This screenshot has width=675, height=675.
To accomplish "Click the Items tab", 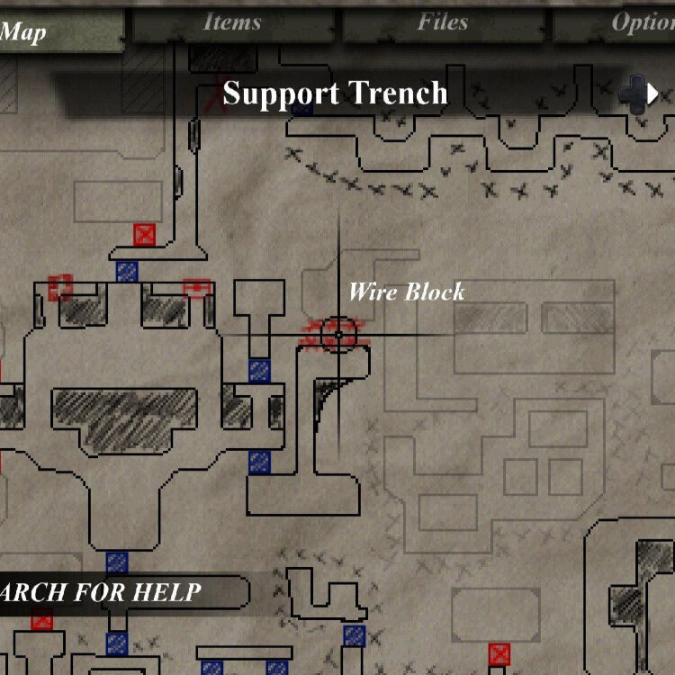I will click(x=231, y=22).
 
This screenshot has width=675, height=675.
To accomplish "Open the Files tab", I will click(x=442, y=22).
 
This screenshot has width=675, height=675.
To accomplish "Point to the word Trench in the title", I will click(x=400, y=94).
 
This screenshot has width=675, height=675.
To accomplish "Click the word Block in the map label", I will click(x=435, y=292).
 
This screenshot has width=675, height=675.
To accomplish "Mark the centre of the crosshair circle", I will click(x=338, y=334).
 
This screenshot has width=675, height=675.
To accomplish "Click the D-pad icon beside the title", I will click(x=637, y=94).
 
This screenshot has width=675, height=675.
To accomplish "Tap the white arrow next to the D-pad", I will click(x=665, y=94).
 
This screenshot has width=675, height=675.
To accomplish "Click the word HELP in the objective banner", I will click(x=167, y=592).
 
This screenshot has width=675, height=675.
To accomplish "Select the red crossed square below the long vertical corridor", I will click(x=144, y=235).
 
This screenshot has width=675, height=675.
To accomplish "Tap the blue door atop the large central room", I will click(x=127, y=271).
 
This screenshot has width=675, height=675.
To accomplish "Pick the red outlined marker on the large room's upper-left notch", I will click(x=60, y=287).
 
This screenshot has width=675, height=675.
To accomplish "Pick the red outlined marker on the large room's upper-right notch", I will click(x=196, y=288).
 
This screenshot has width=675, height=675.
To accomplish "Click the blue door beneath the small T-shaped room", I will click(x=259, y=370).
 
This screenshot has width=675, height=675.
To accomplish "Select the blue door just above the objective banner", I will click(x=117, y=563).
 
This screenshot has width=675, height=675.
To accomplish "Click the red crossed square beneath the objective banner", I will click(x=41, y=619).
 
